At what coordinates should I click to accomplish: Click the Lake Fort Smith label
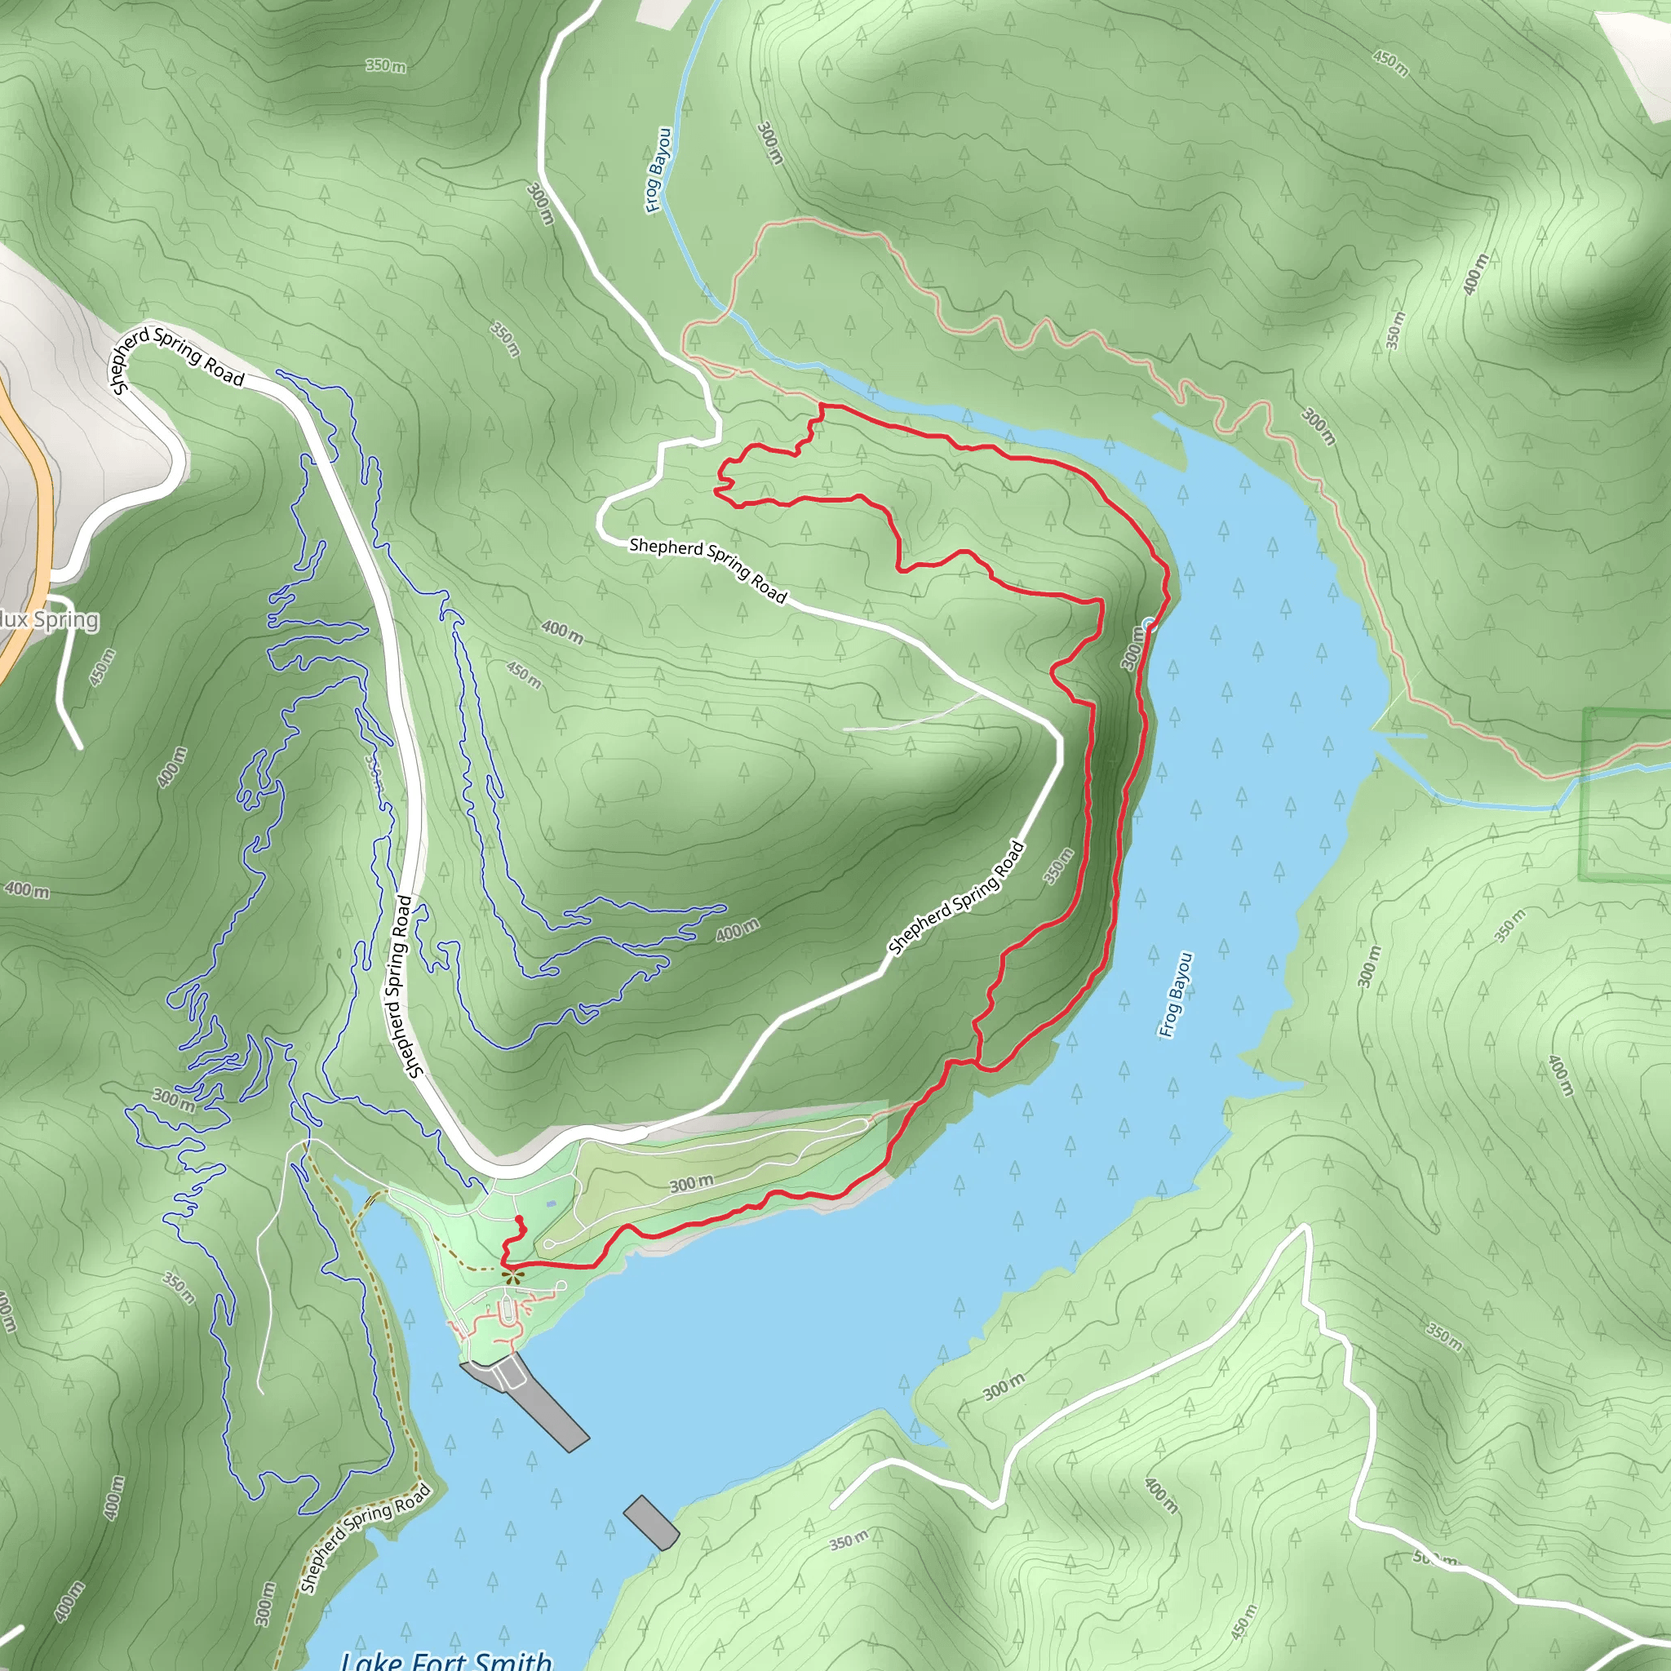pyautogui.click(x=446, y=1659)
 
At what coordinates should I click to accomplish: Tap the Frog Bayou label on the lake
pyautogui.click(x=1176, y=995)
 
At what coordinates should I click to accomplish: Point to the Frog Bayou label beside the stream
pyautogui.click(x=658, y=171)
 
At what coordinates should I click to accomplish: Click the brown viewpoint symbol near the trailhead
pyautogui.click(x=512, y=1275)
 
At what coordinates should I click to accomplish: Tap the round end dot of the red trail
pyautogui.click(x=519, y=1220)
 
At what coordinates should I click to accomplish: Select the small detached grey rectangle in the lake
pyautogui.click(x=650, y=1523)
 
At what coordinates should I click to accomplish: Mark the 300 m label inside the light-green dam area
pyautogui.click(x=692, y=1182)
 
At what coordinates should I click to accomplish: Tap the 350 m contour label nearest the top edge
pyautogui.click(x=386, y=66)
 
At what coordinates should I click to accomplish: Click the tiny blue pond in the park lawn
pyautogui.click(x=551, y=1203)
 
